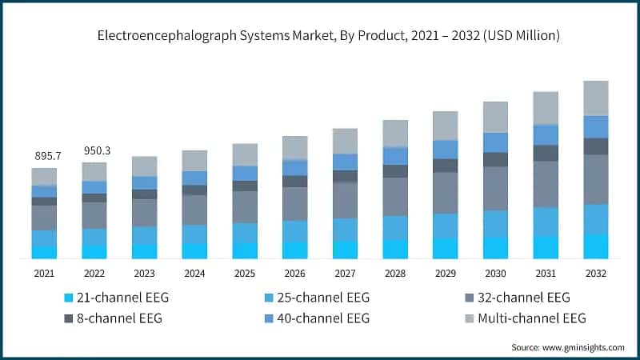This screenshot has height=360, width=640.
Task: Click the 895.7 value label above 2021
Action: pos(44,156)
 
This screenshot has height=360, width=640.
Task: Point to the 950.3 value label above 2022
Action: pos(94,150)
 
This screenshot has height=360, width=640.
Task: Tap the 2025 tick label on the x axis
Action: pos(245,274)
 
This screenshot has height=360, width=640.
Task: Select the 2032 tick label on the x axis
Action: pos(595,274)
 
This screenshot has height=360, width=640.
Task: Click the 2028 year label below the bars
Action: pos(395,274)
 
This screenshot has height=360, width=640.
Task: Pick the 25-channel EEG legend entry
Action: pos(318,298)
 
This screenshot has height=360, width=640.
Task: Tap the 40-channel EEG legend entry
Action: pos(318,318)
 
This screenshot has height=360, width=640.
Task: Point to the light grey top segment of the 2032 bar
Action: pos(595,98)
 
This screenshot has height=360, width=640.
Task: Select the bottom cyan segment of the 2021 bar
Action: pos(45,252)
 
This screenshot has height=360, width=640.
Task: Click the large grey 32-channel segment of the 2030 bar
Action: pos(495,189)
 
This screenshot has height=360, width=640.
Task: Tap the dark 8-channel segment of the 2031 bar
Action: pos(546,153)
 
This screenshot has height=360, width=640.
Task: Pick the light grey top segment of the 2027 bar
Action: pos(345,141)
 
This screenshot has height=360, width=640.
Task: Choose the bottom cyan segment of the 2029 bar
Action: pos(445,248)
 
